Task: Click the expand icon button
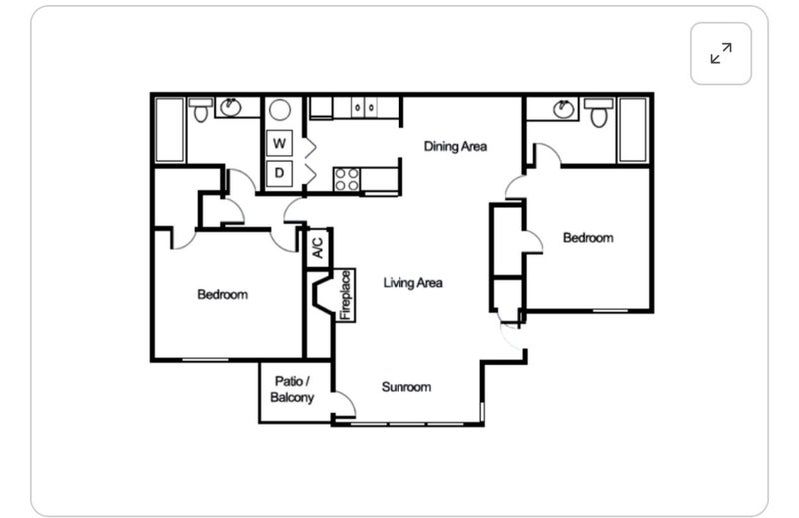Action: [720, 53]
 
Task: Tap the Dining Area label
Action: [455, 146]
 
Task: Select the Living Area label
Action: [412, 283]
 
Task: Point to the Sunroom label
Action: [406, 387]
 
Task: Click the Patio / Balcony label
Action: [292, 389]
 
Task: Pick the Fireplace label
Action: [346, 295]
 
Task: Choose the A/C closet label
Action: [317, 248]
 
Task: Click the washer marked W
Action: [279, 143]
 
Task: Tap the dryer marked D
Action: [279, 173]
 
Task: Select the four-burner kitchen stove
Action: [346, 179]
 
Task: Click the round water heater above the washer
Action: [280, 110]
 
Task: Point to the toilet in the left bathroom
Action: [201, 110]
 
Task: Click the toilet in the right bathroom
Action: [598, 112]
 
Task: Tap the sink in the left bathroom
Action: [231, 107]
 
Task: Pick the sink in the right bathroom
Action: [563, 109]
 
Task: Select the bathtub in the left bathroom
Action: [169, 130]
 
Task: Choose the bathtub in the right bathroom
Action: [633, 130]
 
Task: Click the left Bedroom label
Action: [222, 294]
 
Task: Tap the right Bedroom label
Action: [588, 238]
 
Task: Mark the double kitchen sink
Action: [365, 108]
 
